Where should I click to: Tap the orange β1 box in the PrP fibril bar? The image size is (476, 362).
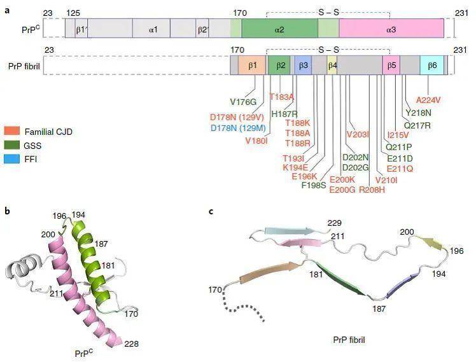(252, 66)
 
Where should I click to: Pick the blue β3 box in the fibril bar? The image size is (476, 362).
(303, 66)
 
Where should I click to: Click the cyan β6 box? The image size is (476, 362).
(432, 66)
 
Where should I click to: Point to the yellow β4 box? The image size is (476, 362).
(332, 66)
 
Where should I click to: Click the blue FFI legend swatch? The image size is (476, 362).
(12, 158)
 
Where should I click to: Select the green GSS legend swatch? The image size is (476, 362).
(12, 145)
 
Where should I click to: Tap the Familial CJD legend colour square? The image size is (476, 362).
(12, 131)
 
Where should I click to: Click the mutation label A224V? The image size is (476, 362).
(428, 100)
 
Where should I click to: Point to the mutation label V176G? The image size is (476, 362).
(243, 102)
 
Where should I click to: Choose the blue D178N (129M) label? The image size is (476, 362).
(238, 128)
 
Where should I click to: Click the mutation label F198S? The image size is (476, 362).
(314, 184)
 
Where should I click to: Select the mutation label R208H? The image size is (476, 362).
(372, 190)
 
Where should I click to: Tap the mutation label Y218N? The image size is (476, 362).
(418, 113)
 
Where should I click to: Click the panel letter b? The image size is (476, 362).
(7, 211)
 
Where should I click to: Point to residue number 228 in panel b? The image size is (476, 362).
(132, 344)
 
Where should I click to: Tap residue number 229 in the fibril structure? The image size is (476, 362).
(335, 223)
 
